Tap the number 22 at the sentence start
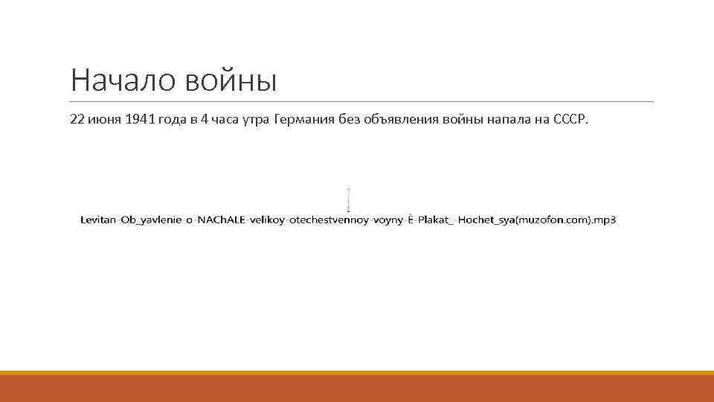tap(77, 120)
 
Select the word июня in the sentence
tap(105, 120)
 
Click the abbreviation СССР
tap(570, 120)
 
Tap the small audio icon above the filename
tap(348, 199)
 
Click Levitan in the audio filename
tap(97, 220)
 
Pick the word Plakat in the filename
tap(432, 220)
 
